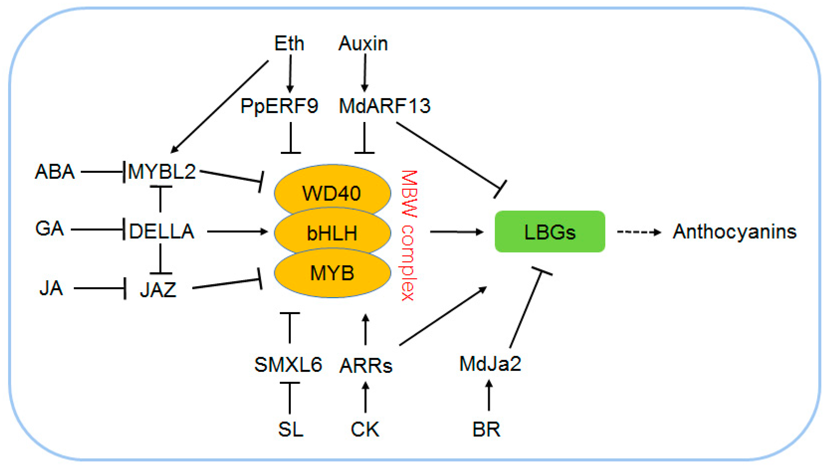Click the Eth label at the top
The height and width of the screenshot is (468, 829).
(289, 43)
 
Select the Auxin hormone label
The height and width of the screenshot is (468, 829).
(363, 43)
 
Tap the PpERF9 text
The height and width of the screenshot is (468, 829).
(279, 106)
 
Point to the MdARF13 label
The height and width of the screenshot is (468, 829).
(385, 106)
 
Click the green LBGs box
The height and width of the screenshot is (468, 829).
(550, 232)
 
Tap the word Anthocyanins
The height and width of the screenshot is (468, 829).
(734, 232)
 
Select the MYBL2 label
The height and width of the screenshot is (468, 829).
(162, 172)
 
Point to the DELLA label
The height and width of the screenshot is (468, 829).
(162, 231)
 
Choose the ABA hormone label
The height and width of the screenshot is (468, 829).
(55, 172)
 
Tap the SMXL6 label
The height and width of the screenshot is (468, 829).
(288, 365)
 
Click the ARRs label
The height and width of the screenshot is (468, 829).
(366, 366)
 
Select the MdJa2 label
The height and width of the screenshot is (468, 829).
(490, 364)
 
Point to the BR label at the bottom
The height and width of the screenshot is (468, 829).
(486, 429)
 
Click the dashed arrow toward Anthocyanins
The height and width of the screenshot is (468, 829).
(638, 232)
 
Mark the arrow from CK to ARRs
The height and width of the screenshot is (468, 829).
(365, 397)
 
